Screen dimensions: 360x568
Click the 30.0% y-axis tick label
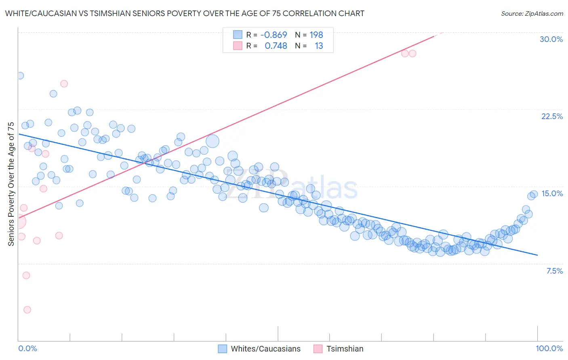[x=551, y=39]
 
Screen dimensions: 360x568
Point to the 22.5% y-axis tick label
[x=552, y=116]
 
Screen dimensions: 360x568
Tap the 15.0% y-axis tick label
[x=552, y=193]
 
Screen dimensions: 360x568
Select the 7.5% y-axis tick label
[x=554, y=271]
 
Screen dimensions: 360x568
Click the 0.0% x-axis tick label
[x=27, y=348]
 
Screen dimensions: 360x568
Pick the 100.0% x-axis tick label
[x=549, y=348]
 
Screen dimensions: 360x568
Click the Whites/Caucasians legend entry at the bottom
[x=265, y=349]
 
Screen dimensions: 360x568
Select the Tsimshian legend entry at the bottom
[x=345, y=349]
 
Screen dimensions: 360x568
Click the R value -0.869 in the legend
[x=273, y=35]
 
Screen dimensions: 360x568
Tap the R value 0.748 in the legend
[x=276, y=46]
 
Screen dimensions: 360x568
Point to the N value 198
[x=316, y=35]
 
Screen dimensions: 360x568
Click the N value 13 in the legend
[x=319, y=46]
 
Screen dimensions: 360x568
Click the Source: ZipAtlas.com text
[x=532, y=14]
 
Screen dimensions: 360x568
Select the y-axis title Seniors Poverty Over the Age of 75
[x=11, y=184]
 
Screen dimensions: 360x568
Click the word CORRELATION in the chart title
[x=309, y=14]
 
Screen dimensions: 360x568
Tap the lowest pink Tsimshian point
[x=27, y=310]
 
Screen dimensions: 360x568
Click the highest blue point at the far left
[x=20, y=75]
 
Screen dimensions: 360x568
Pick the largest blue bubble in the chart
[x=212, y=141]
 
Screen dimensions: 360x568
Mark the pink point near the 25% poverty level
[x=64, y=84]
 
